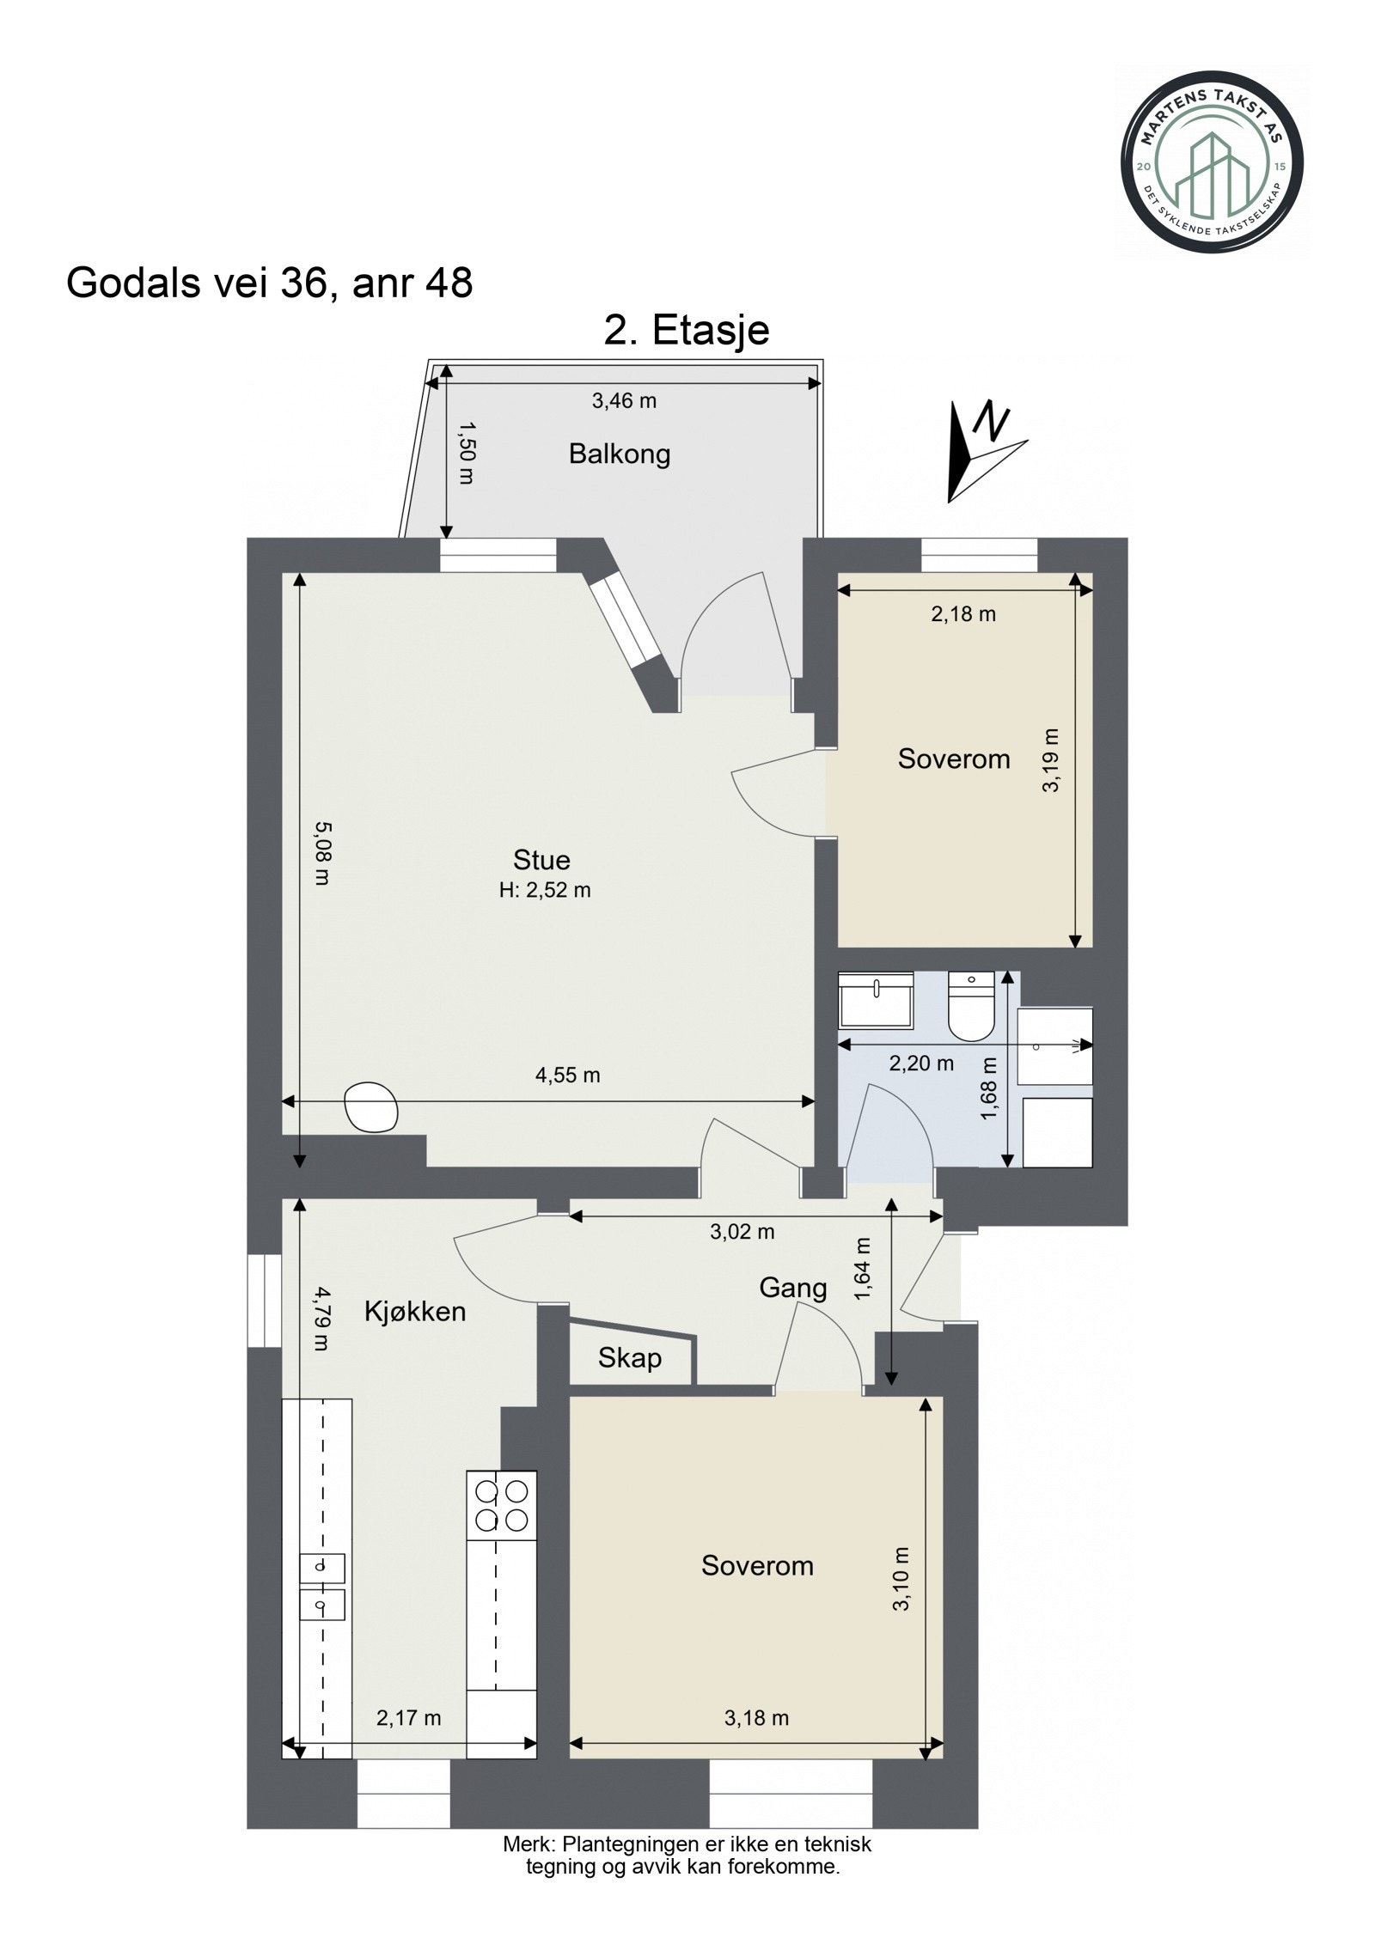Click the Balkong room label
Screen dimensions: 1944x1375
619,454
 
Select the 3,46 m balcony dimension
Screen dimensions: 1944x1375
624,400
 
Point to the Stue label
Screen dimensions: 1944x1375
541,860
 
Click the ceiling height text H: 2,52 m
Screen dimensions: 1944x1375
545,890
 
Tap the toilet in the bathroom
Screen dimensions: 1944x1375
971,1006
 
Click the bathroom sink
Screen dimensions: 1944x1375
875,1001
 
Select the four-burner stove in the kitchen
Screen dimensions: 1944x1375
501,1505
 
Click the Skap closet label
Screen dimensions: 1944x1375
630,1358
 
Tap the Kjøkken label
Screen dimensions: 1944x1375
415,1311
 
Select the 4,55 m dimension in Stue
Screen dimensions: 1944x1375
567,1075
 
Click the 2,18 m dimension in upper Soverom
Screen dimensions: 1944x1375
963,614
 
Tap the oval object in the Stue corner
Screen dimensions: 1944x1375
370,1106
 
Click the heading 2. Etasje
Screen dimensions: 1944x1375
686,330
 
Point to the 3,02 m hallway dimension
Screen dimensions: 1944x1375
742,1232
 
